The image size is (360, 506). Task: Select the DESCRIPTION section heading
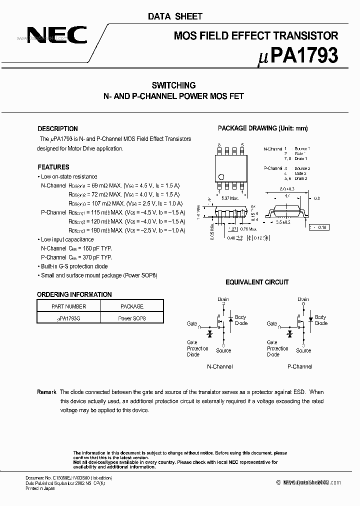coord(57,128)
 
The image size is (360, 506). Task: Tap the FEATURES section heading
coord(53,167)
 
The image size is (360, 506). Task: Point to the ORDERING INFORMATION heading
coord(74,294)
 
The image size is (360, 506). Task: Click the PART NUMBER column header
coord(68,306)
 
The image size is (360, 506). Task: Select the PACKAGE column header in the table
coord(132,306)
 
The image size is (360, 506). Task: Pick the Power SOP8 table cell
coord(132,318)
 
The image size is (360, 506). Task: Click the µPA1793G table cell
coord(68,318)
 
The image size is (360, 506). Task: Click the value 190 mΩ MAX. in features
coord(103,230)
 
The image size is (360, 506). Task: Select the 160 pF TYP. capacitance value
coord(95,248)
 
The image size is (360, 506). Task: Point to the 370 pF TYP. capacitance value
coord(95,257)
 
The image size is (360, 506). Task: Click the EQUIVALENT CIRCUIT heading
coord(256,282)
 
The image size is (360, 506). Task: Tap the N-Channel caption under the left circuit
coord(219,366)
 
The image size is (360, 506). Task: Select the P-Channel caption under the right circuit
coord(299,366)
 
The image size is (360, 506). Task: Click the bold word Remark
coord(47,392)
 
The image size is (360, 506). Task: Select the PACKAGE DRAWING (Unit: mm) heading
coord(262,128)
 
